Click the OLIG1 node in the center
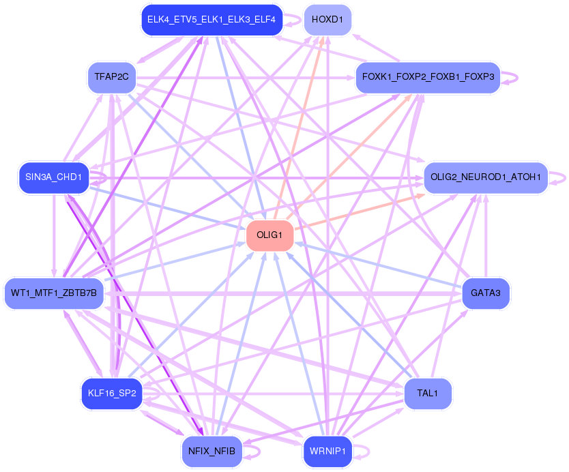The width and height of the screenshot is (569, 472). (269, 235)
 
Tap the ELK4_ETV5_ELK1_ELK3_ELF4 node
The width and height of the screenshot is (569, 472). (211, 20)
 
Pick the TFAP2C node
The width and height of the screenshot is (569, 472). (112, 76)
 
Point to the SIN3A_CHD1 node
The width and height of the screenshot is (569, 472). (53, 178)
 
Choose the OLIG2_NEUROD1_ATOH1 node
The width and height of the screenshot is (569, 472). (486, 178)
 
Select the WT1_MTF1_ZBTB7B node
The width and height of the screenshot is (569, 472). (54, 294)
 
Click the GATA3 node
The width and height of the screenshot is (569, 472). (486, 294)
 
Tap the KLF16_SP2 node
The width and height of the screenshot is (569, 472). (112, 394)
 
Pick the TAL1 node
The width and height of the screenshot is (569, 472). (428, 394)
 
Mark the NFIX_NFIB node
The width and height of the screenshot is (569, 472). (212, 451)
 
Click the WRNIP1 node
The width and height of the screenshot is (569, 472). (327, 451)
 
